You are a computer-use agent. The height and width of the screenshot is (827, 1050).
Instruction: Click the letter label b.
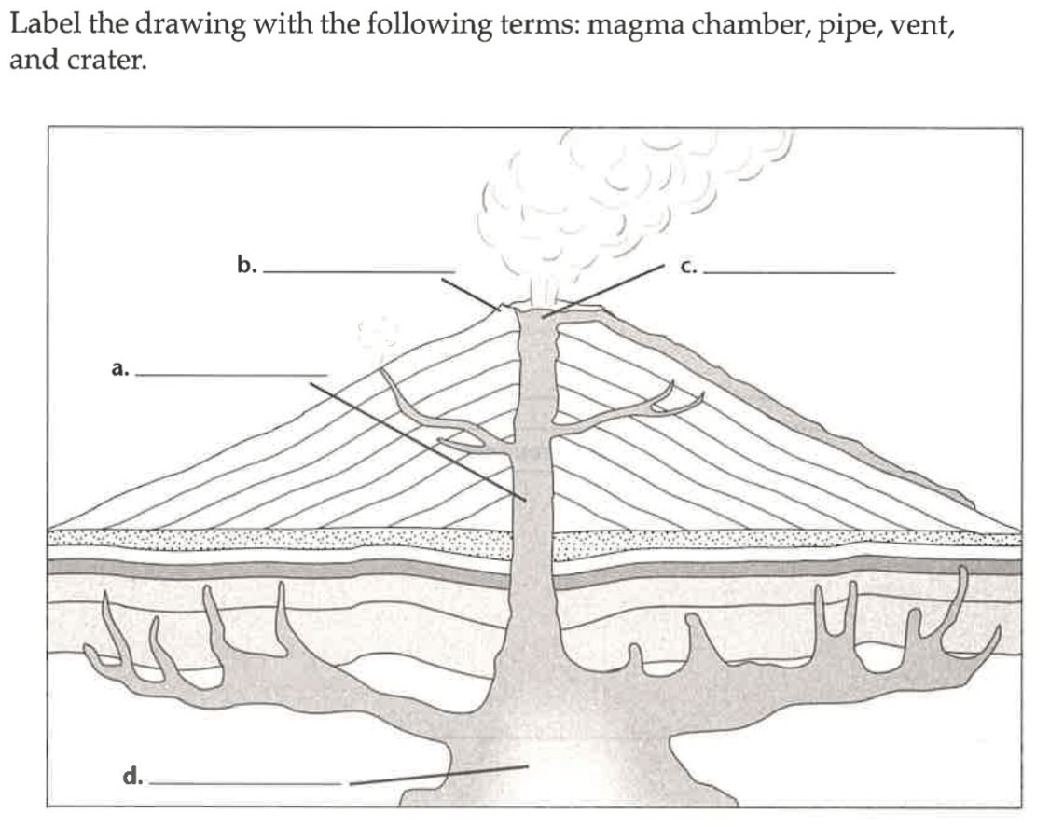point(246,266)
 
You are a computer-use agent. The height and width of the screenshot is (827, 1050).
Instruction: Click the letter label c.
point(688,268)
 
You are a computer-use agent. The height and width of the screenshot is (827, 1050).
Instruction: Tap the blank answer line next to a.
point(231,375)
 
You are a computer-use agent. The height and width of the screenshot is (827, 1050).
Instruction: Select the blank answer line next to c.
point(800,272)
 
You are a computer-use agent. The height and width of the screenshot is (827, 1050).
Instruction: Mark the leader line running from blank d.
point(438,775)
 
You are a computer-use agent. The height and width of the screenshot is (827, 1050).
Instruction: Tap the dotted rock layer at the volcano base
point(280,538)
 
